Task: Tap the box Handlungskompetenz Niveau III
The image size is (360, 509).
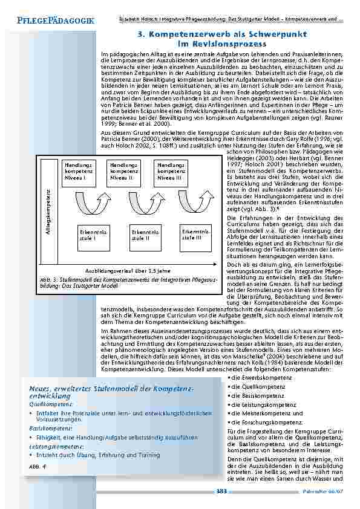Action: [170, 171]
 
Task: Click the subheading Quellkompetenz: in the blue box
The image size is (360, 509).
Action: [47, 403]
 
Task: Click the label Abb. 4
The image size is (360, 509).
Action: [38, 467]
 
